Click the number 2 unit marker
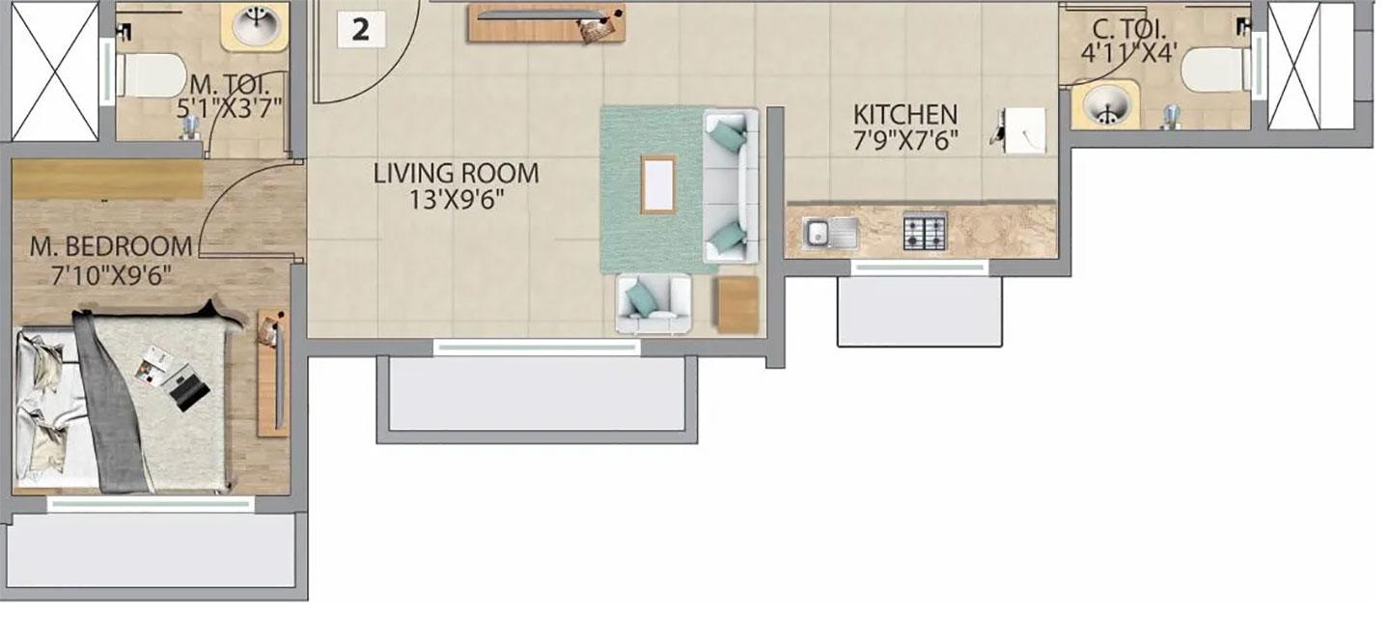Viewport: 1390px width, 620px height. [361, 30]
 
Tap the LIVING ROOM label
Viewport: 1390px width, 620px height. [456, 173]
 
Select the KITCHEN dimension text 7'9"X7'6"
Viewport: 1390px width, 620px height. [906, 142]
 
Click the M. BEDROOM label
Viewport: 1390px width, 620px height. [111, 246]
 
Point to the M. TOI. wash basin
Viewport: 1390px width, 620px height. [256, 26]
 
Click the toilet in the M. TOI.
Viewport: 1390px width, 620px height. [151, 74]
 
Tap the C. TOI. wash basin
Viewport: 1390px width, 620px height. [1106, 104]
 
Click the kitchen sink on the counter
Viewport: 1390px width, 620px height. [831, 233]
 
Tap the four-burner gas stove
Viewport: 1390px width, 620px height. [925, 231]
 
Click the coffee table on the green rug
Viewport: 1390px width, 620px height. [658, 185]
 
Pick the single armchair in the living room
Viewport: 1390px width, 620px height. [653, 304]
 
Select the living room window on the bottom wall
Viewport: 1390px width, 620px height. [537, 348]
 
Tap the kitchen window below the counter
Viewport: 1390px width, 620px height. [920, 268]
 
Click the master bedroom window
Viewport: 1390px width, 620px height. [151, 504]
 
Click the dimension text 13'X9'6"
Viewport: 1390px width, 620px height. [456, 200]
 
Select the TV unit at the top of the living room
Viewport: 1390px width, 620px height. [546, 23]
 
